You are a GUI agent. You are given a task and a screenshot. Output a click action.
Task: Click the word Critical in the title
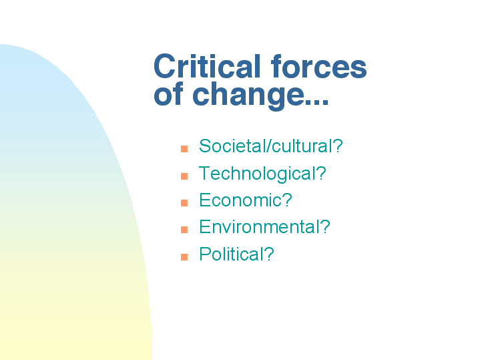[207, 66]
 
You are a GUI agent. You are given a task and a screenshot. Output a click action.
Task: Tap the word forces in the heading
[319, 66]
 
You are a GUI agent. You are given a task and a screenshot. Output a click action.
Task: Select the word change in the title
[248, 96]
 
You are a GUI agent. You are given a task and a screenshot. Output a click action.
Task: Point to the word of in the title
[169, 94]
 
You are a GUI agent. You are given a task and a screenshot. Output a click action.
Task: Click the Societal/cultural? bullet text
[271, 146]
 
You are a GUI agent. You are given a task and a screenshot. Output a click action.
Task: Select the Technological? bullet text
[262, 174]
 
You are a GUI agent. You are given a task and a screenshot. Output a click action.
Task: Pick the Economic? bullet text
[246, 200]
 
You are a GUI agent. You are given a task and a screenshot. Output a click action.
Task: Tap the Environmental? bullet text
[264, 226]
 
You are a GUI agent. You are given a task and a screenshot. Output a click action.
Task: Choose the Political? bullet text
[236, 254]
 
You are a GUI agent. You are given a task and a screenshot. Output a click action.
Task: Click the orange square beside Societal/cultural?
[184, 149]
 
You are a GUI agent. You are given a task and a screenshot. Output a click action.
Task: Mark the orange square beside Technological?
[184, 176]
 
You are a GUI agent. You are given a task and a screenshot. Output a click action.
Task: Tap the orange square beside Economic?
[184, 203]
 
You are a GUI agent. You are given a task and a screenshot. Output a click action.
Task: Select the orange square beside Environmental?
[184, 230]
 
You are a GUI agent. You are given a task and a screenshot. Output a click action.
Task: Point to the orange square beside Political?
[184, 256]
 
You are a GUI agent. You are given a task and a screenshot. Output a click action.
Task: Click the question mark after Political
[268, 254]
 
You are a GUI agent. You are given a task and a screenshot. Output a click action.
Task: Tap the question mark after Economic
[287, 200]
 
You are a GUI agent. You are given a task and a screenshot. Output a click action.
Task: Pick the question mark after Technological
[321, 173]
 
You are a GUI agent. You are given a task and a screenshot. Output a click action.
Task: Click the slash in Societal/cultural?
[268, 146]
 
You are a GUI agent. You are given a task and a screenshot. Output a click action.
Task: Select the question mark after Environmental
[325, 226]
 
